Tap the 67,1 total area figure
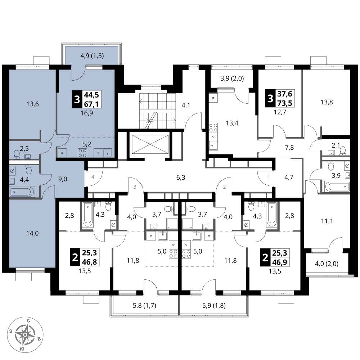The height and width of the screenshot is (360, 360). coord(91,104)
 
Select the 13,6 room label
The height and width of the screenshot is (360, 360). coord(33,104)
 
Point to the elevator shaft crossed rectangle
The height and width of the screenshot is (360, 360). coord(150,144)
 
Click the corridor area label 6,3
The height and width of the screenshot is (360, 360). coord(181,177)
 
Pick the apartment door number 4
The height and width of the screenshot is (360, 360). coord(93,177)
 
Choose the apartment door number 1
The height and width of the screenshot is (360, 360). coord(268,177)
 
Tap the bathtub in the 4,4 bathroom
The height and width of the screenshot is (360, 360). coord(22,191)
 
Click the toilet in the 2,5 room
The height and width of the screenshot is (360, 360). coord(17,154)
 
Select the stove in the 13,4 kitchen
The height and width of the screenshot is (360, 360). coord(213,127)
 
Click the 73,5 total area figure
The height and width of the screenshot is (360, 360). coord(285,103)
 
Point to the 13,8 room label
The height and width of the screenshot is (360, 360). coord(327,102)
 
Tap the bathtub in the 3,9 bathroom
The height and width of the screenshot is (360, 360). coord(337,186)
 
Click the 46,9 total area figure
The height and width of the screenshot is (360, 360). coord(279,262)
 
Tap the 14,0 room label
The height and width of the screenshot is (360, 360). coord(32,234)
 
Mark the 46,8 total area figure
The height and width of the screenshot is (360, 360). coord(89,262)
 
